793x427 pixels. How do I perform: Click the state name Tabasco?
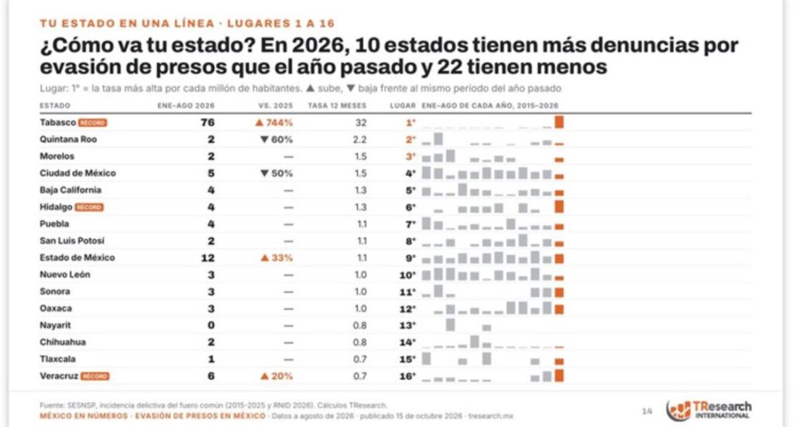[57, 122]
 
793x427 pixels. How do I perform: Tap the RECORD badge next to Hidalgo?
[89, 207]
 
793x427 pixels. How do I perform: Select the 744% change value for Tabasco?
[273, 122]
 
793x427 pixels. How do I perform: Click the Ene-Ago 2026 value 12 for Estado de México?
[208, 258]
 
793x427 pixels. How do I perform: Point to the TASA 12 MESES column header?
[337, 106]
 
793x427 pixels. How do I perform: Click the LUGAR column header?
[403, 106]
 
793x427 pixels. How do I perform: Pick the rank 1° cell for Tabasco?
[410, 122]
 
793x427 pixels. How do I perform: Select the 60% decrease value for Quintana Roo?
[276, 139]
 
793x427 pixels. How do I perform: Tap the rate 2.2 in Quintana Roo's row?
[359, 139]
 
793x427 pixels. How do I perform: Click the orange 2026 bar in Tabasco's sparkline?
[559, 121]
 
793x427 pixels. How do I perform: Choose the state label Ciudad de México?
[78, 173]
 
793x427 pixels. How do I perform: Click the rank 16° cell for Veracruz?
[407, 376]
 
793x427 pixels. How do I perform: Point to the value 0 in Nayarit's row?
[211, 326]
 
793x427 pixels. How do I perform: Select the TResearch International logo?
[709, 410]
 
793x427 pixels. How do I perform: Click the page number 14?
[647, 412]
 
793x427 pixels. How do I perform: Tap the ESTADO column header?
[55, 106]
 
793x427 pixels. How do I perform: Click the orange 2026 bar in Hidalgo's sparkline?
[559, 207]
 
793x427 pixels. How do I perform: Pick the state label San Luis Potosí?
[72, 241]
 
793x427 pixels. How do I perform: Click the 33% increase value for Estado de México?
[276, 258]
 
